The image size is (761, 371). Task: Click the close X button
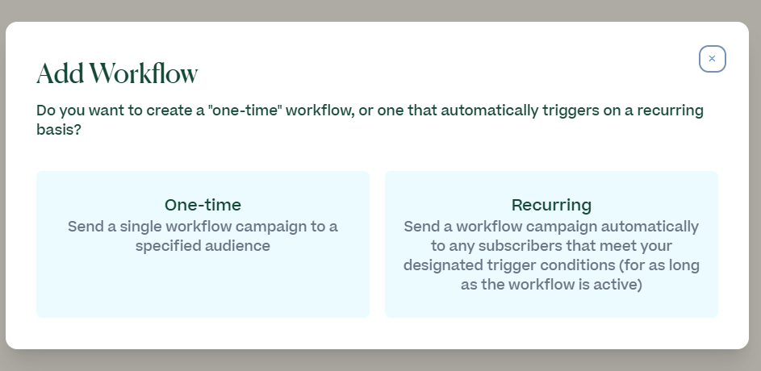click(x=712, y=59)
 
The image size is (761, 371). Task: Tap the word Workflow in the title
click(x=144, y=73)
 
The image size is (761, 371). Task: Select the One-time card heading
click(x=203, y=205)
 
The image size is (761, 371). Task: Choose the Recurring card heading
click(x=551, y=205)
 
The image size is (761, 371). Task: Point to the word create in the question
click(x=169, y=110)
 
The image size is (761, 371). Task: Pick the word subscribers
click(x=521, y=246)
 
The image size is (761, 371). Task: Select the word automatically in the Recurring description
click(x=650, y=227)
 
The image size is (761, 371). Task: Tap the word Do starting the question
click(x=44, y=110)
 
